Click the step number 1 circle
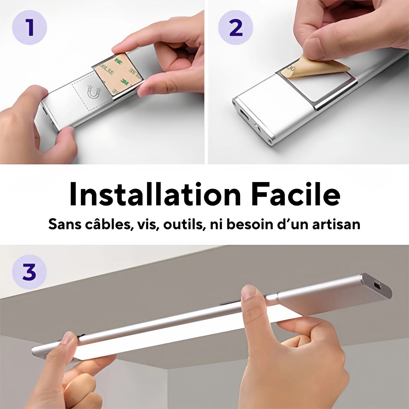(29, 27)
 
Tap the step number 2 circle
(235, 27)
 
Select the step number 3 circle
(29, 272)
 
